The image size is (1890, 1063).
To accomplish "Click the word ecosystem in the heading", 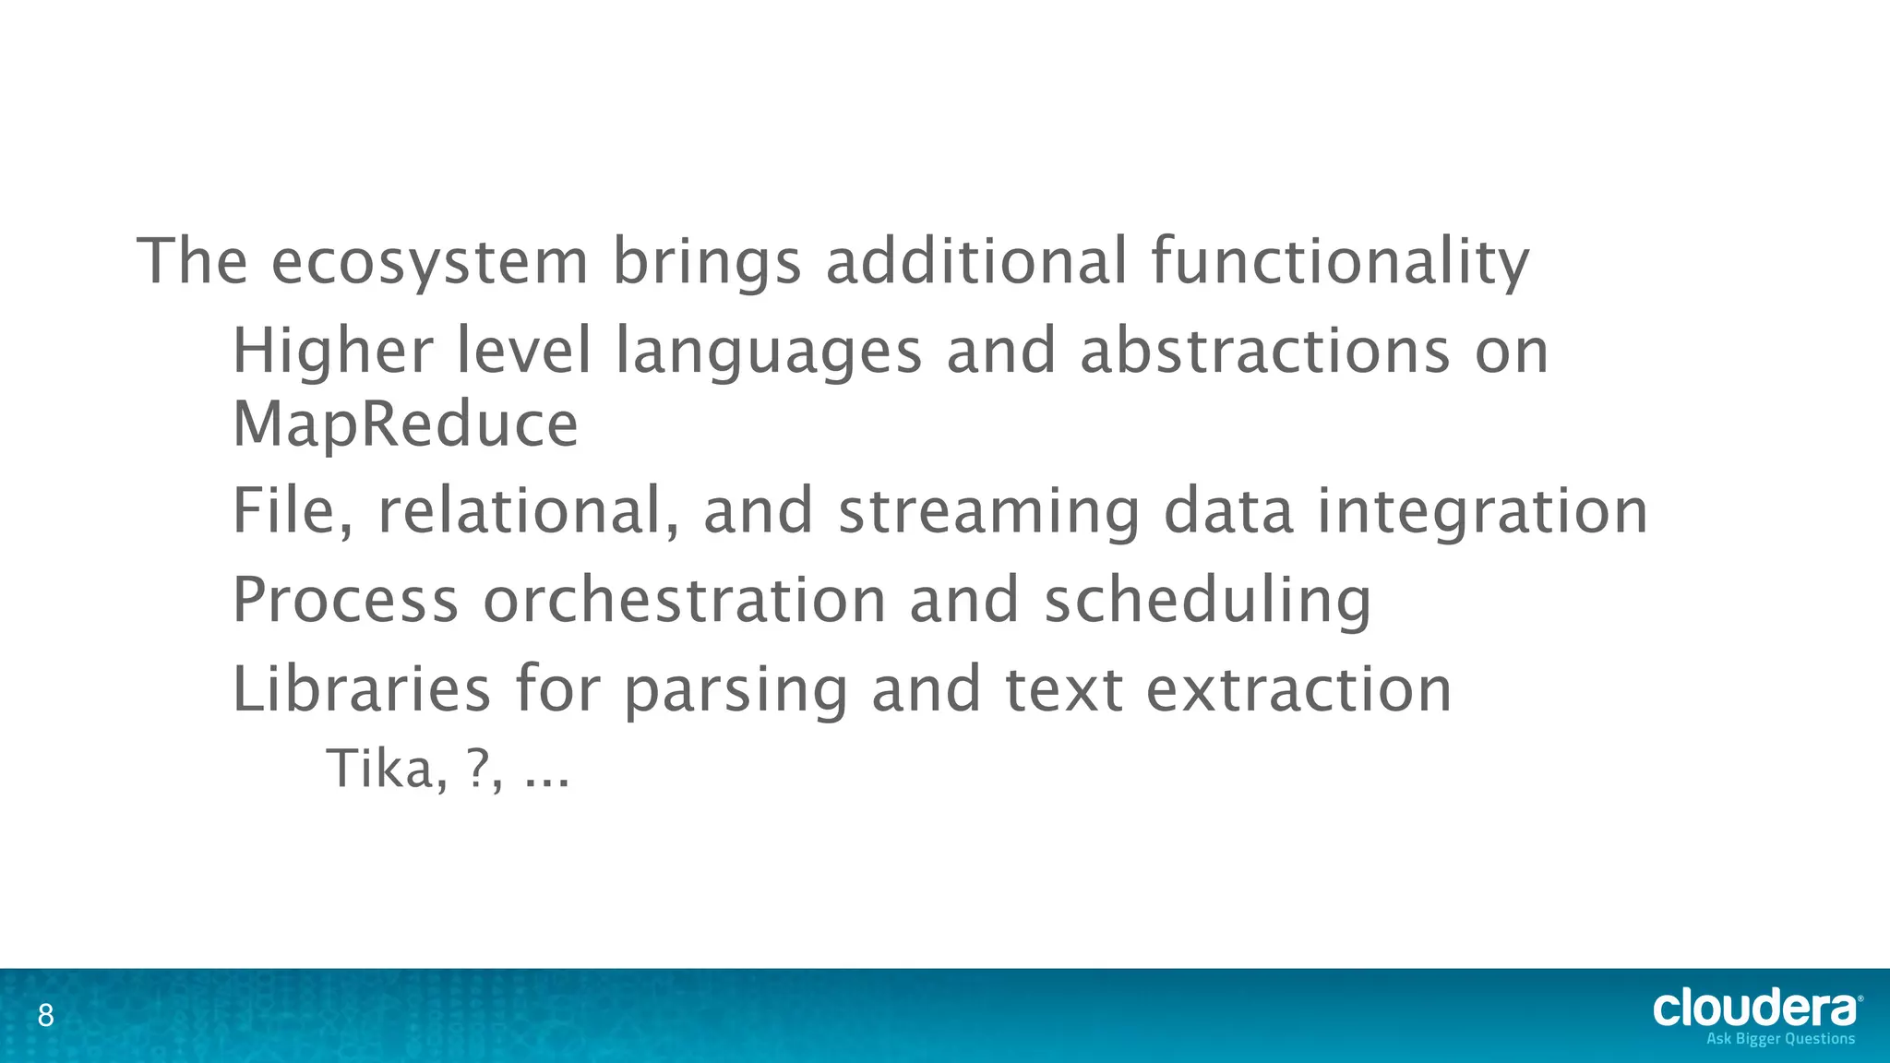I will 429,262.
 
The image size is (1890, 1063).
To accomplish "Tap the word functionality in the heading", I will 1340,262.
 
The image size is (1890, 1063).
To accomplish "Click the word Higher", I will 332,352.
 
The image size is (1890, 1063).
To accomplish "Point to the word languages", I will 769,353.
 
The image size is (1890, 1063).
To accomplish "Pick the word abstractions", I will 1264,352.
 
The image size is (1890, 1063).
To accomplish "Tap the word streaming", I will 988,513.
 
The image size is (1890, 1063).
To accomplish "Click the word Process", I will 345,601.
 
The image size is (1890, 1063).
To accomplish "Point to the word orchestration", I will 685,601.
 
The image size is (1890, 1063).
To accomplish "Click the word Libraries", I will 361,689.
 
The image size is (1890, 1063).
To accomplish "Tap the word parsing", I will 736,691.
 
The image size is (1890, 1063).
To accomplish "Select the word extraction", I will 1298,689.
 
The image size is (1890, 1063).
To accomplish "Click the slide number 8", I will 45,1017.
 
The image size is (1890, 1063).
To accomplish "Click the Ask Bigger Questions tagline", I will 1780,1039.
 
